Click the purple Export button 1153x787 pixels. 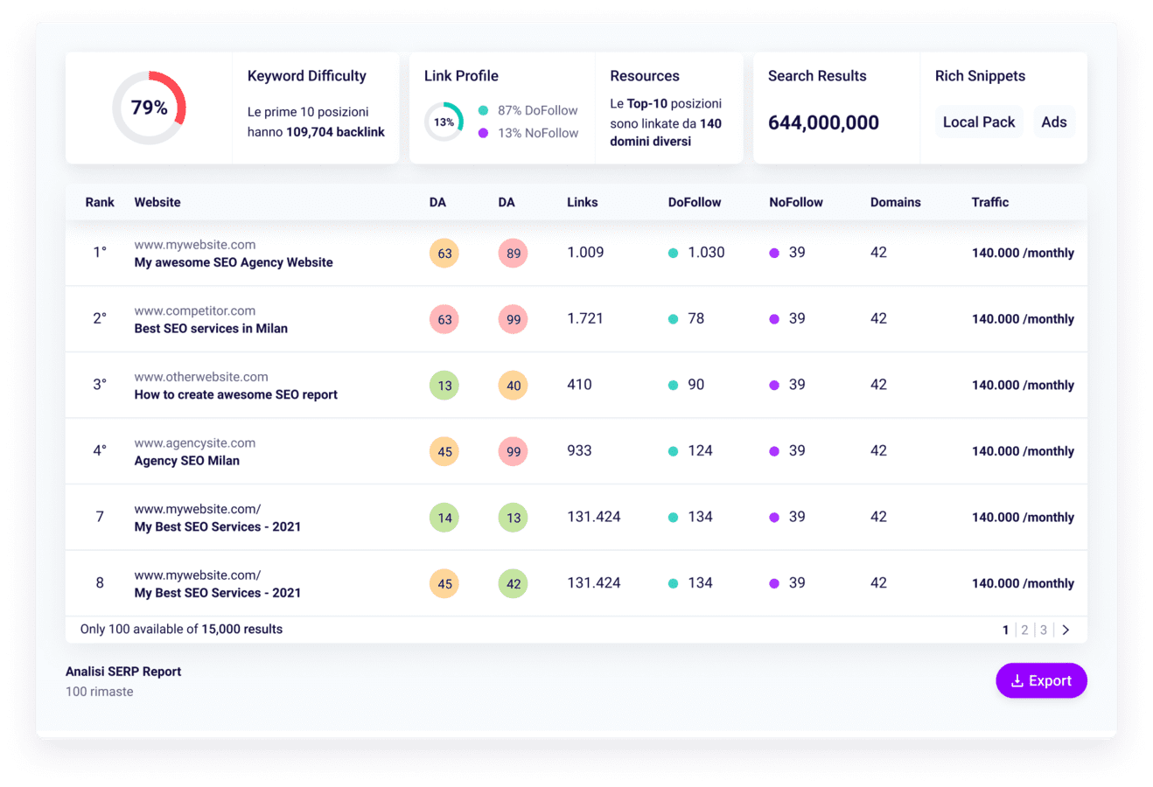1041,680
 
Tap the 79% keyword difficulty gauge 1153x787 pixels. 149,108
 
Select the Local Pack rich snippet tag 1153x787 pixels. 978,122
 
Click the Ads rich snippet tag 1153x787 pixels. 1053,122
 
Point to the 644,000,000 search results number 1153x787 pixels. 823,123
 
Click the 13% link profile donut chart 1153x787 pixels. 444,122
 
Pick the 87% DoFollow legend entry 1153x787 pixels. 528,110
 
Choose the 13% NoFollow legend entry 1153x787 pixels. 528,133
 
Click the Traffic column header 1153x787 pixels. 989,202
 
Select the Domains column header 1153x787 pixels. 895,202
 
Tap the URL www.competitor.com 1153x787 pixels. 195,310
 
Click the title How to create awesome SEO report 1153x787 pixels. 235,394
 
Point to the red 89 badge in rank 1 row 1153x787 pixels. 514,254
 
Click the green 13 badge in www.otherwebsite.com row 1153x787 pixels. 444,386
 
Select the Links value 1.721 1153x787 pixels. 585,318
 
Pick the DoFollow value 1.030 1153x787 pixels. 705,253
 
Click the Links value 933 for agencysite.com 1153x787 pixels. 579,450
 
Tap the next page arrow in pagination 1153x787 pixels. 1066,630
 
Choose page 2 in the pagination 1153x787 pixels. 1024,630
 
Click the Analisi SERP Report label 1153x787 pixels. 123,672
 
